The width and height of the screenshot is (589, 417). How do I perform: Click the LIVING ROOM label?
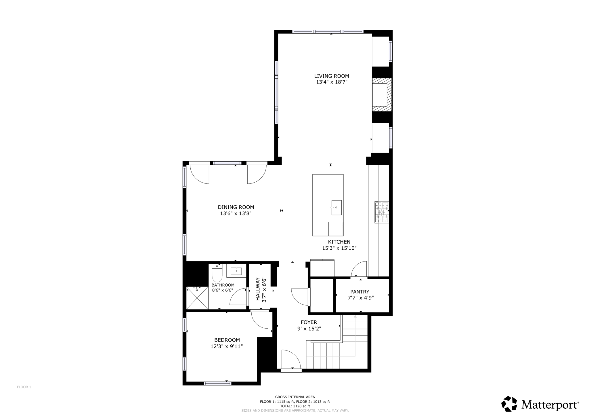[331, 76]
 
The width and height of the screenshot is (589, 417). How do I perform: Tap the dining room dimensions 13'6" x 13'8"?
[236, 213]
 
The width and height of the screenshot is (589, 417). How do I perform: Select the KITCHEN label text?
[339, 242]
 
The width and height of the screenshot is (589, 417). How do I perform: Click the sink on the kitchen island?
[336, 208]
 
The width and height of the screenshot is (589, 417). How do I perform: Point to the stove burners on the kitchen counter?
[381, 213]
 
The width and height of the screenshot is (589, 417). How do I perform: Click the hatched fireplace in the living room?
[382, 95]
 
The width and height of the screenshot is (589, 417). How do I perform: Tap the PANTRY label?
[359, 292]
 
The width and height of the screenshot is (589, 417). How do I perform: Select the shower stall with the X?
[197, 298]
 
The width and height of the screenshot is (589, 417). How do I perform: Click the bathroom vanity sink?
[236, 271]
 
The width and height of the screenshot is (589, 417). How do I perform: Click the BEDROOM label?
[227, 340]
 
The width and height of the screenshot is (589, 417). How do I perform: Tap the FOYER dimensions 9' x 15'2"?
[309, 329]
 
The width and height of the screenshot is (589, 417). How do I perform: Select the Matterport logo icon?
[509, 404]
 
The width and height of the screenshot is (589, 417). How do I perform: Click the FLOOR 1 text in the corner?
[24, 387]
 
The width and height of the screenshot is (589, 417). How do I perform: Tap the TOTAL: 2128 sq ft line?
[295, 406]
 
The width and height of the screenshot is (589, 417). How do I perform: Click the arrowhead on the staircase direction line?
[355, 316]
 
